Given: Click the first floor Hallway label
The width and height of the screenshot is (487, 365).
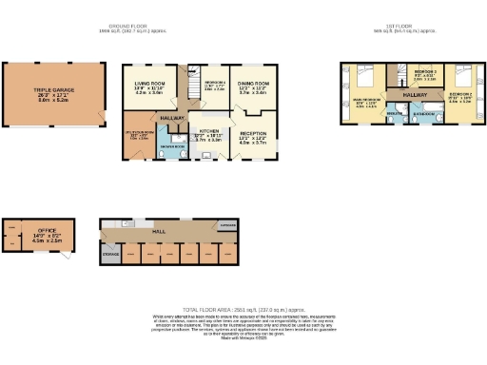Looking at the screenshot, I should (x=415, y=95).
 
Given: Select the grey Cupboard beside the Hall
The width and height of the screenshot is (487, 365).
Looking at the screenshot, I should (x=227, y=226).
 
